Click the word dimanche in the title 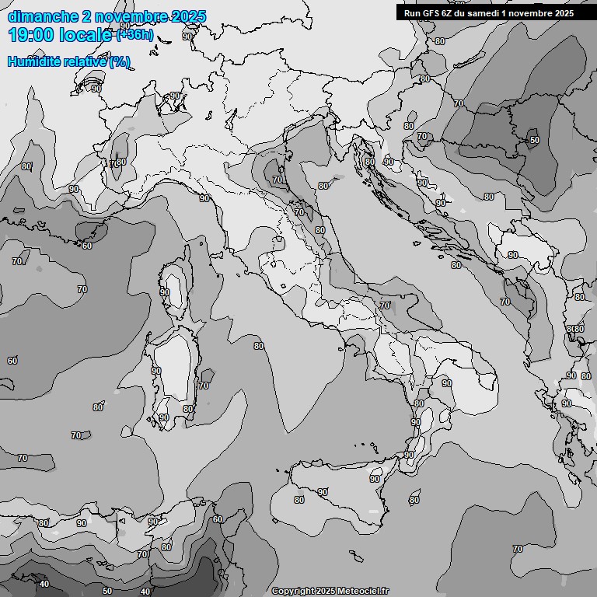pyautogui.click(x=43, y=16)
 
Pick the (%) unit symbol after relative pyautogui.click(x=119, y=61)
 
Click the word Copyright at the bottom pyautogui.click(x=292, y=591)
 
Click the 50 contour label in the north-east pyautogui.click(x=534, y=140)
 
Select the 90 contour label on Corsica pyautogui.click(x=165, y=292)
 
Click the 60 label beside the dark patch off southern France pyautogui.click(x=87, y=246)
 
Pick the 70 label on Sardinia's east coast pyautogui.click(x=204, y=385)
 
